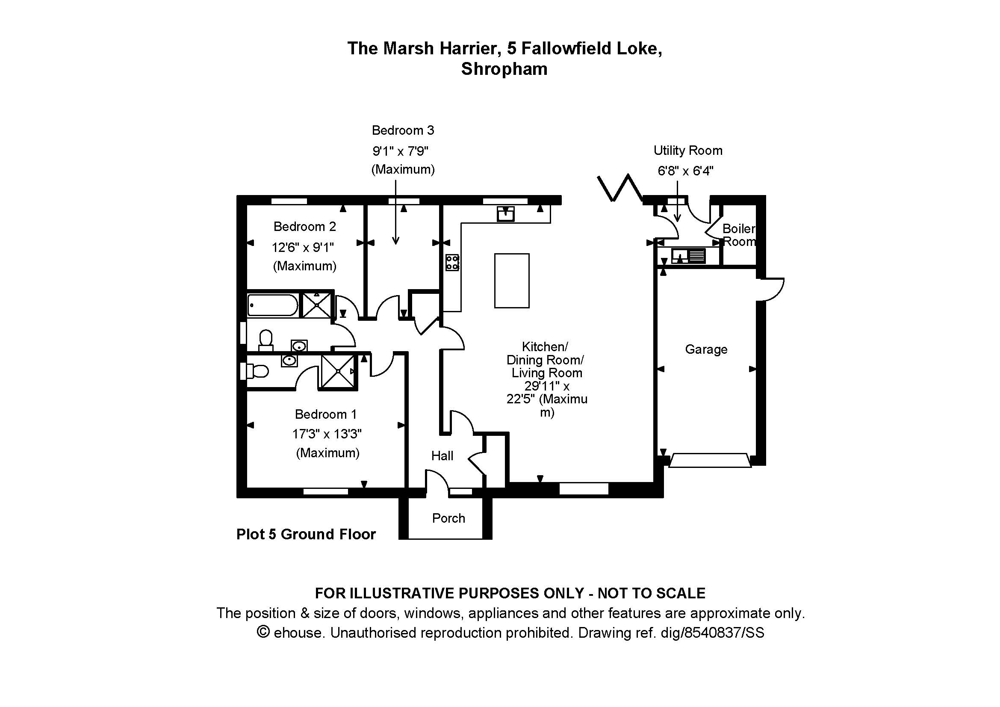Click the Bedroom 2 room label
304,227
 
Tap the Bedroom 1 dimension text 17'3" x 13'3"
327,434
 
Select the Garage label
706,349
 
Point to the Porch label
448,518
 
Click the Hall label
442,456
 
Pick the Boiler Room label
739,235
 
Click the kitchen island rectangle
512,281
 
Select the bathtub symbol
273,305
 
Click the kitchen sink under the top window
506,214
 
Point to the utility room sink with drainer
688,256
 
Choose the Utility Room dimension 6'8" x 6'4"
685,171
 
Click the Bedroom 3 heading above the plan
403,130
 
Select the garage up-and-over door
710,461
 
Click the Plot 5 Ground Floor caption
306,534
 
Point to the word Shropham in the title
504,69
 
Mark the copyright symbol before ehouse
263,632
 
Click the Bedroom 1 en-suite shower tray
339,371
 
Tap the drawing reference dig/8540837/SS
712,633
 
